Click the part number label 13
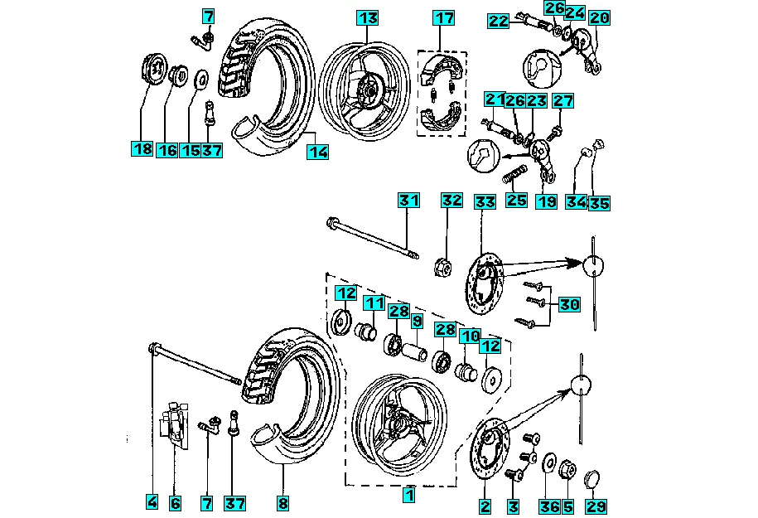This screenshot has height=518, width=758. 368,17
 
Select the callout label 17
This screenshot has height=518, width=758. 445,17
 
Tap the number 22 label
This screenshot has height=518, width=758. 498,22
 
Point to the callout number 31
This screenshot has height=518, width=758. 408,201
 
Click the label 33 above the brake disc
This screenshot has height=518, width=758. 484,201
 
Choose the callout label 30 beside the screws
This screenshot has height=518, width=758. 568,304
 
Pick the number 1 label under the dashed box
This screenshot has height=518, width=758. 408,495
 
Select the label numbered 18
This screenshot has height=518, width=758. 142,150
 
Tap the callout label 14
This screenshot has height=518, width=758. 317,152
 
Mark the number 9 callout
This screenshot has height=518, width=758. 416,320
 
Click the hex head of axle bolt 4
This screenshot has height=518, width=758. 152,348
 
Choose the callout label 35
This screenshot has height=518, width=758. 598,202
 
